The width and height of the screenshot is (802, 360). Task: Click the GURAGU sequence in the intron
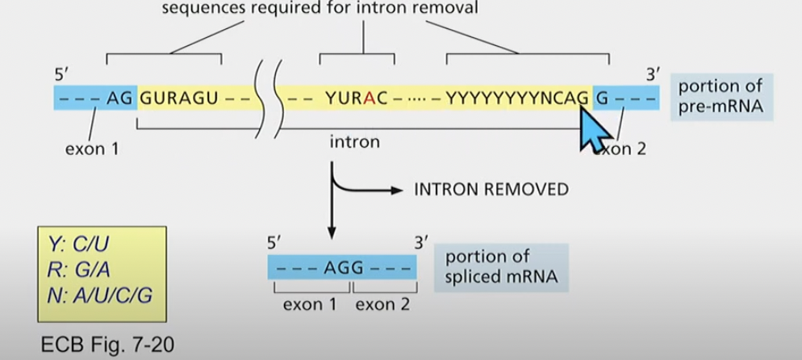178,98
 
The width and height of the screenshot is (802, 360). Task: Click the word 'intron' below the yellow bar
354,142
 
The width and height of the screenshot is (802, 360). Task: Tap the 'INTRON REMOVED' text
491,190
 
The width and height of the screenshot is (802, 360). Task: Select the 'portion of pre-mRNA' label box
720,97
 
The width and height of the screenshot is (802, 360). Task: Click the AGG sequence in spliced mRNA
342,267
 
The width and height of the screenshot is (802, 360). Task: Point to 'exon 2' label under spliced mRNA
382,304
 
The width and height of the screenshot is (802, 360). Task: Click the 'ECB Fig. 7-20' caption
106,345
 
